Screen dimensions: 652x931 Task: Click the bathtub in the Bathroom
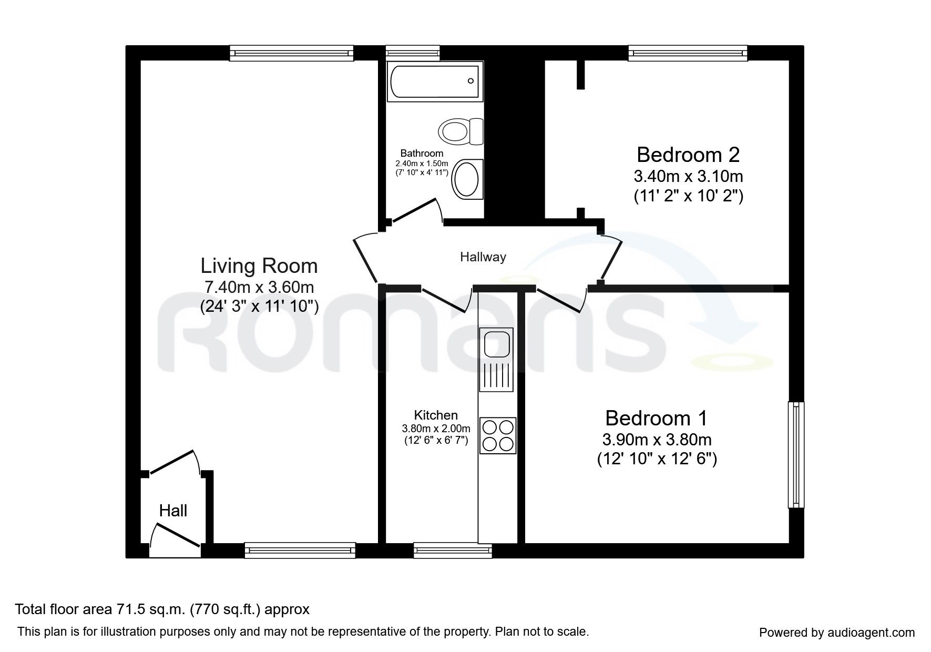pyautogui.click(x=434, y=81)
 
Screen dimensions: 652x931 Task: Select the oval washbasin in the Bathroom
pyautogui.click(x=467, y=179)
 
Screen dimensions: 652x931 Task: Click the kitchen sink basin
pyautogui.click(x=495, y=344)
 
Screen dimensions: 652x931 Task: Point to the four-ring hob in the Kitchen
pyautogui.click(x=498, y=435)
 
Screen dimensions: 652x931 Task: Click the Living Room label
pyautogui.click(x=259, y=266)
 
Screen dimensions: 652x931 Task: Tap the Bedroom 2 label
pyautogui.click(x=688, y=155)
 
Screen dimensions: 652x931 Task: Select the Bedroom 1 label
pyautogui.click(x=656, y=419)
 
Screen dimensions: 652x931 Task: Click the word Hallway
pyautogui.click(x=483, y=257)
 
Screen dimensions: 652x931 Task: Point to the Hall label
pyautogui.click(x=173, y=511)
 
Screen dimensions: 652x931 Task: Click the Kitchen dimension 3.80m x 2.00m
pyautogui.click(x=436, y=429)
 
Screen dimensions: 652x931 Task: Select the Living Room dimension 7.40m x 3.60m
pyautogui.click(x=259, y=287)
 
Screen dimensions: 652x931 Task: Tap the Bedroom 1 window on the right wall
pyautogui.click(x=796, y=455)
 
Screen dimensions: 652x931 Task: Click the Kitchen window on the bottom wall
pyautogui.click(x=453, y=551)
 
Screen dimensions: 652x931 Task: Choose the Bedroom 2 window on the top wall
pyautogui.click(x=688, y=53)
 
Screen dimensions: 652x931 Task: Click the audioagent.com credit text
pyautogui.click(x=837, y=633)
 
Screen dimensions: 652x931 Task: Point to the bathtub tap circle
pyautogui.click(x=470, y=81)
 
